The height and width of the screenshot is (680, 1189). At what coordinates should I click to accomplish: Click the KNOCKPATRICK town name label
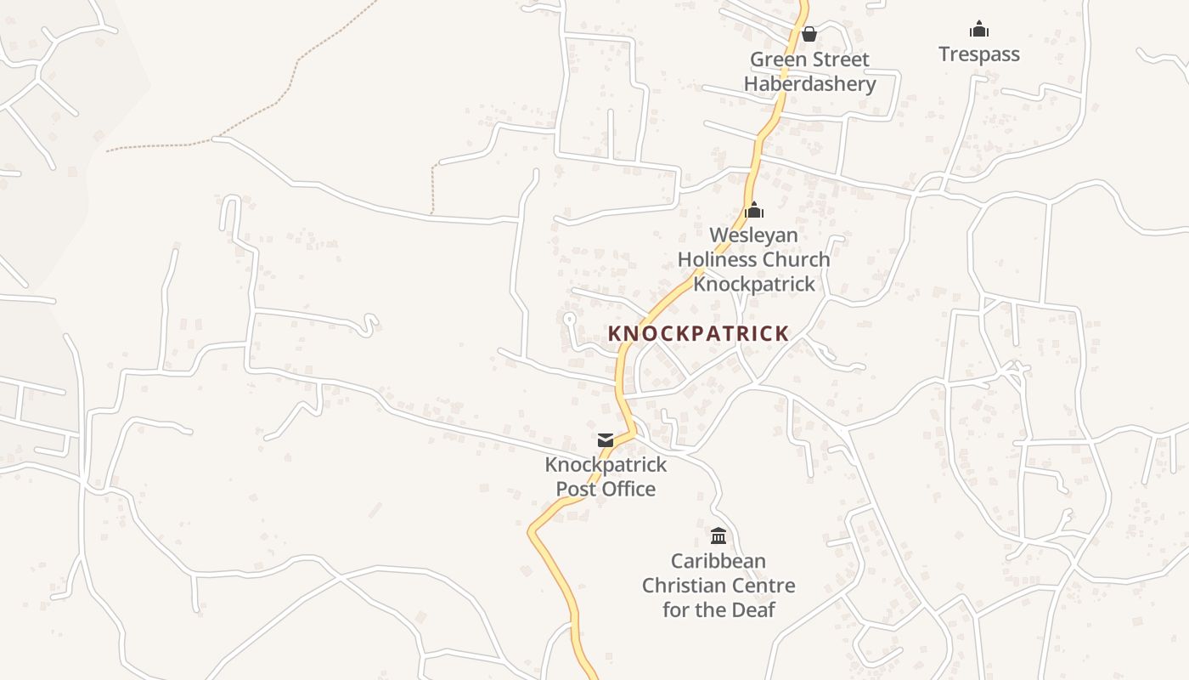pyautogui.click(x=698, y=334)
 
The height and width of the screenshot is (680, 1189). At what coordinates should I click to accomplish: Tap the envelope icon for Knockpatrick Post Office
pyautogui.click(x=606, y=440)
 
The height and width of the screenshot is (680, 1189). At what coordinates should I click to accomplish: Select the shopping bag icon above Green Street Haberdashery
pyautogui.click(x=809, y=34)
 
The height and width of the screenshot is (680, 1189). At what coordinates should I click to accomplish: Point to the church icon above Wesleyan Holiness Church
pyautogui.click(x=754, y=210)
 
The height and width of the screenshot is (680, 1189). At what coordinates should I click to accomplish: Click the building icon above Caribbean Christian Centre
pyautogui.click(x=718, y=535)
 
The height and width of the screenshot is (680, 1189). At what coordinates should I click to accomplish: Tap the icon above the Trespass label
pyautogui.click(x=979, y=30)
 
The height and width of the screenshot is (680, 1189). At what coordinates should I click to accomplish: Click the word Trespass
pyautogui.click(x=979, y=54)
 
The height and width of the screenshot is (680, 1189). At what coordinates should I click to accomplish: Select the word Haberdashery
pyautogui.click(x=809, y=84)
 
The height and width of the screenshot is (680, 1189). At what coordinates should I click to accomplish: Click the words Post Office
pyautogui.click(x=606, y=489)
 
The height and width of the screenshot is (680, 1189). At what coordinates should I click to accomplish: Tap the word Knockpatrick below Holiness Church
pyautogui.click(x=753, y=284)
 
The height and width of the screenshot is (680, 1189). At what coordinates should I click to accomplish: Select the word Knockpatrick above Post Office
pyautogui.click(x=606, y=465)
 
